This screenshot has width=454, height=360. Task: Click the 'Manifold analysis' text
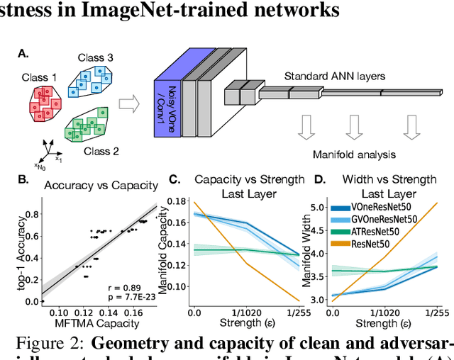click(355, 154)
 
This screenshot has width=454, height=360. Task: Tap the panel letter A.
click(24, 53)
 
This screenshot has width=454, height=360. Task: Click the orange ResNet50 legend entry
click(379, 243)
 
